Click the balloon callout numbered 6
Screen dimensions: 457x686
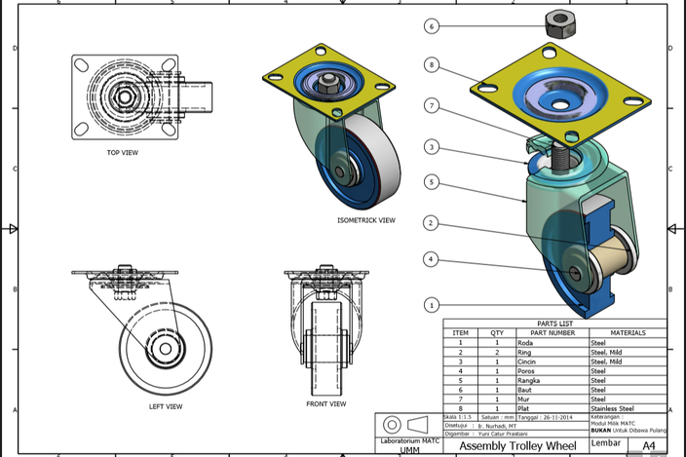pos(432,26)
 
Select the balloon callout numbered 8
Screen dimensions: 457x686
pos(432,65)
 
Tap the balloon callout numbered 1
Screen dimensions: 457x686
pos(432,305)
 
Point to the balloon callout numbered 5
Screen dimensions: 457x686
pos(432,181)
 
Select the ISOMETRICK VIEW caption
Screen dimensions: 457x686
pos(366,220)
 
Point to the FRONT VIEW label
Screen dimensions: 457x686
pos(326,403)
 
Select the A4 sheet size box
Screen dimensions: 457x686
pos(648,445)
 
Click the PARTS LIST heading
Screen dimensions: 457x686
pos(554,324)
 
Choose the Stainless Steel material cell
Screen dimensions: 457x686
pos(612,408)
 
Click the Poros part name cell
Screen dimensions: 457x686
pos(526,371)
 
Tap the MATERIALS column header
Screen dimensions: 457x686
pos(628,333)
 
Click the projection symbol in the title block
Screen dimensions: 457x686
pos(403,425)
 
